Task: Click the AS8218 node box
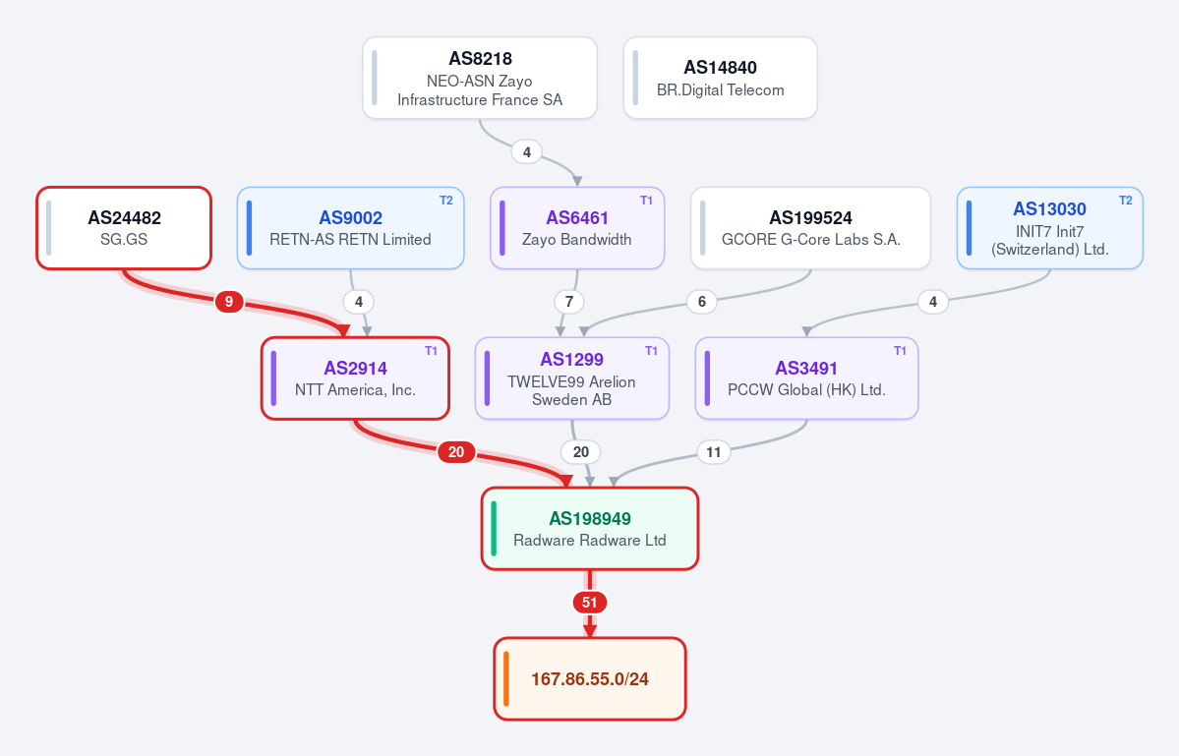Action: (x=480, y=78)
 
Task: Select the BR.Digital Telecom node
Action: (x=721, y=78)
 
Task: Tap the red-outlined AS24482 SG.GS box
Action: (x=124, y=228)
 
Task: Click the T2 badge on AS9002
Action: (x=445, y=201)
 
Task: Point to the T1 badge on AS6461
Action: (x=647, y=201)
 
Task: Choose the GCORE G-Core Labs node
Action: (x=810, y=228)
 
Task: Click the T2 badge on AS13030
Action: (x=1126, y=201)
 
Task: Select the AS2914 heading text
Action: (x=356, y=369)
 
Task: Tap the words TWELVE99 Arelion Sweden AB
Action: (x=571, y=390)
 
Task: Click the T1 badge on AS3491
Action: (x=900, y=351)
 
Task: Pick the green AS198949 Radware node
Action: (x=590, y=529)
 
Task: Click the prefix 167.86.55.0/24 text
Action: (x=590, y=679)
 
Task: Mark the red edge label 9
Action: (x=228, y=302)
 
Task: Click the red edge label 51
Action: (x=590, y=603)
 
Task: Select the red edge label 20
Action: (x=456, y=452)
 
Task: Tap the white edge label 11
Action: (x=714, y=452)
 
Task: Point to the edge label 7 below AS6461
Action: (x=569, y=302)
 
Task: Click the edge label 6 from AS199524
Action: (x=701, y=302)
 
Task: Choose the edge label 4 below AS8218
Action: (x=526, y=152)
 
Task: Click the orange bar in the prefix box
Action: (x=506, y=679)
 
